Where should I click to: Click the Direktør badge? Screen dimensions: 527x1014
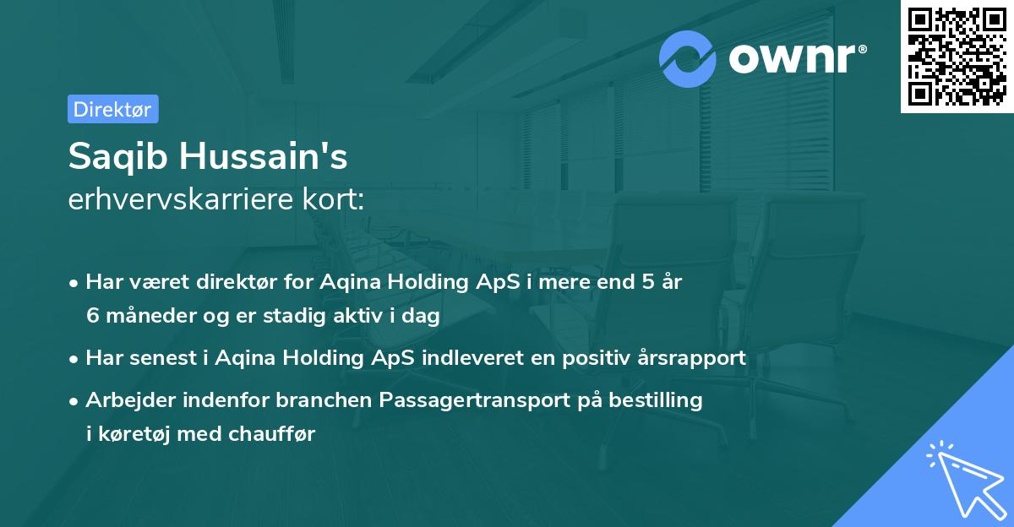tap(112, 109)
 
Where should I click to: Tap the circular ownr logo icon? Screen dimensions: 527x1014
tap(688, 59)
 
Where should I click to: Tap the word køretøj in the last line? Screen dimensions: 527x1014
tap(131, 434)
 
